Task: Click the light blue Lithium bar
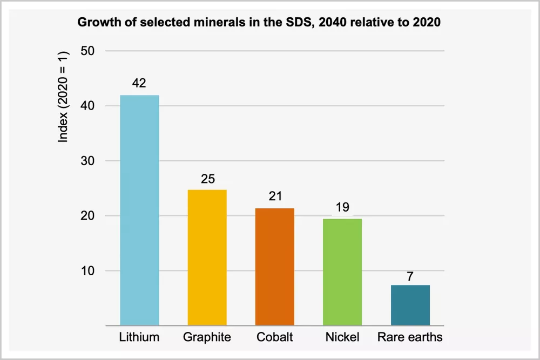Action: [139, 210]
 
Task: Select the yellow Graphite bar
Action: [207, 257]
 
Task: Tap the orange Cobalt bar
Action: [275, 267]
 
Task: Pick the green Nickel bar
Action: [342, 272]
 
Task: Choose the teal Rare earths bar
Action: [410, 305]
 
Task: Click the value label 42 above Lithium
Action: [139, 84]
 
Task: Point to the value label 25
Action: [207, 179]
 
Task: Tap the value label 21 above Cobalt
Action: [275, 196]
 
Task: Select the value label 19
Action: [342, 207]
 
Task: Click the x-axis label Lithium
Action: [139, 337]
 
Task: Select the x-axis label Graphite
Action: [207, 337]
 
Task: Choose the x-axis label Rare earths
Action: [410, 337]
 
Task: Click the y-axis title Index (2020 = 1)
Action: [64, 97]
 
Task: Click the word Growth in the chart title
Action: [96, 23]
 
